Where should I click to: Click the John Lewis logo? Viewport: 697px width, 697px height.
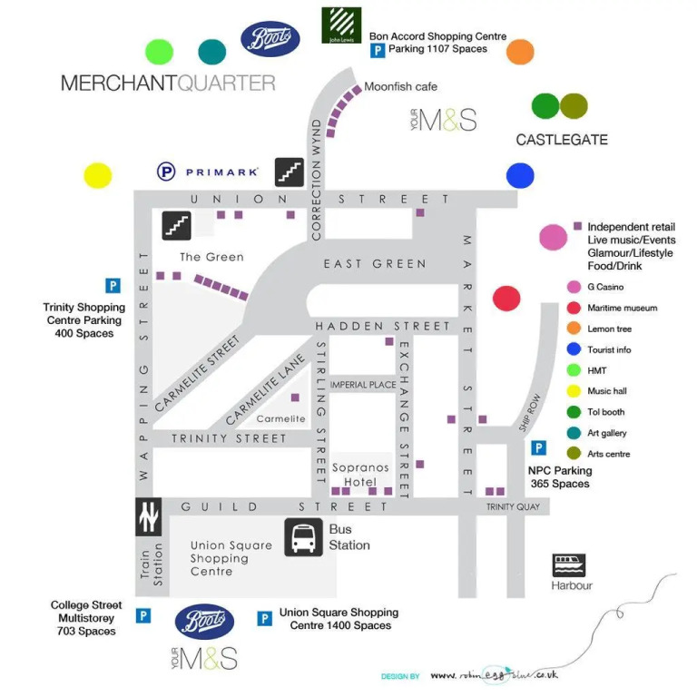coord(341,25)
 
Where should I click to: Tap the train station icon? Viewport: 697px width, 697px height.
coord(149,517)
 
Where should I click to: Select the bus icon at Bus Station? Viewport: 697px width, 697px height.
coord(304,537)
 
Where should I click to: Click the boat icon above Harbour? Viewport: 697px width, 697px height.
coord(569,564)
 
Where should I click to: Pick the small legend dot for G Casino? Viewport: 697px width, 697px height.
coord(574,287)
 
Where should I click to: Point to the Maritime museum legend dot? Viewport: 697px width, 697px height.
coord(574,308)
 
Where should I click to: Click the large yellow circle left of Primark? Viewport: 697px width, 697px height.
coord(97,175)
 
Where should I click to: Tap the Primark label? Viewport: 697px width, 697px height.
coord(222,171)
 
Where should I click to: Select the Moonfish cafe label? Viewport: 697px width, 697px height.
coord(400,87)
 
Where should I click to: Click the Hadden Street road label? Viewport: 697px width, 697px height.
coord(382,326)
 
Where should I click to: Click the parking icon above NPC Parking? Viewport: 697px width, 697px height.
coord(538,447)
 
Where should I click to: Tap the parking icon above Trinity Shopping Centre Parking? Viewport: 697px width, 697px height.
coord(113,286)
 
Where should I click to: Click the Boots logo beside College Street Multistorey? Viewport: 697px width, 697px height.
coord(205,622)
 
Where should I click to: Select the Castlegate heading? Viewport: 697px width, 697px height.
coord(562,140)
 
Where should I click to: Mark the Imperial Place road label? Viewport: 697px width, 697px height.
coord(363,385)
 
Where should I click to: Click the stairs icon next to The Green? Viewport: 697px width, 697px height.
coord(177,225)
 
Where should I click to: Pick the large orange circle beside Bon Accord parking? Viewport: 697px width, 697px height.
coord(520,52)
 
